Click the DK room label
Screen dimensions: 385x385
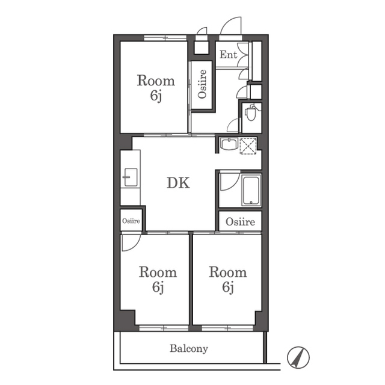(178, 183)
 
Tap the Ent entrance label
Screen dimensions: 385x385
(229, 55)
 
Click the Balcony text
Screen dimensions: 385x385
(189, 348)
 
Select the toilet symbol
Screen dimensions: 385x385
(250, 113)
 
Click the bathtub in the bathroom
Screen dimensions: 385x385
(251, 190)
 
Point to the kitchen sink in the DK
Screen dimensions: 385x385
(131, 177)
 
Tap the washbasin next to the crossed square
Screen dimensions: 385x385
(229, 144)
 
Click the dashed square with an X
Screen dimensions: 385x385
(248, 146)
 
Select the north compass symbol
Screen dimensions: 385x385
(298, 357)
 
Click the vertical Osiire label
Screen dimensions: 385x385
(202, 84)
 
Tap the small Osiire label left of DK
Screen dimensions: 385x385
(131, 221)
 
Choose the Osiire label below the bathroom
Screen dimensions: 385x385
(240, 222)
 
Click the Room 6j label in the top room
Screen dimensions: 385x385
(156, 88)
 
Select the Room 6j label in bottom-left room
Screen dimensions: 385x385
(158, 279)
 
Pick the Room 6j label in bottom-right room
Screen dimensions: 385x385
(228, 279)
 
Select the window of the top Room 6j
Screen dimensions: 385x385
(165, 38)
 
